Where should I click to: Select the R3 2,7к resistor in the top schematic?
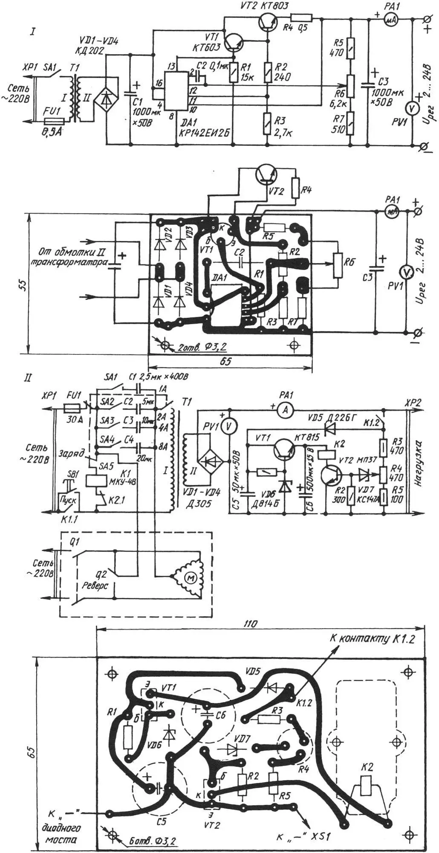267,123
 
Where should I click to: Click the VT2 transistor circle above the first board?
266,174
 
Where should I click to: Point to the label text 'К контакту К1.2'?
372,638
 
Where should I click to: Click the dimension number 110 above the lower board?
251,624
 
